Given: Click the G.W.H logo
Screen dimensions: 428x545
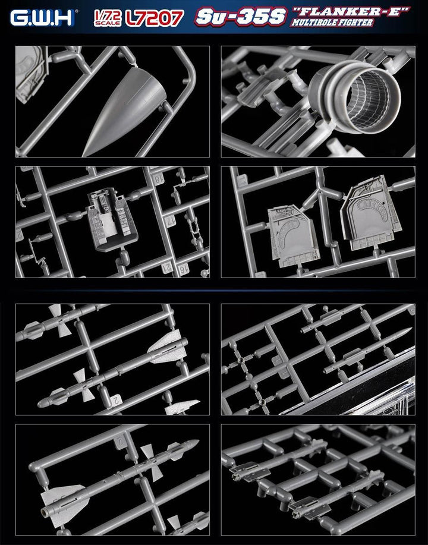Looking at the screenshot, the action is (x=42, y=18).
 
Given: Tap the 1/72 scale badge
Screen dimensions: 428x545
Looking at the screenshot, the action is (x=108, y=18).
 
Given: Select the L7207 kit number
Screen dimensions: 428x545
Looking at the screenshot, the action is (x=155, y=18).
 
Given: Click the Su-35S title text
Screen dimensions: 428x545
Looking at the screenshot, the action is (x=241, y=16).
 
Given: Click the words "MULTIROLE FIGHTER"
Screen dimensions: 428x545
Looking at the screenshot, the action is (x=332, y=23).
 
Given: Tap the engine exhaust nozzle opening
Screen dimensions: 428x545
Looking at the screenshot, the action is (x=369, y=99).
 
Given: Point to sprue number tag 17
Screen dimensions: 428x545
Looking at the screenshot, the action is (x=171, y=221).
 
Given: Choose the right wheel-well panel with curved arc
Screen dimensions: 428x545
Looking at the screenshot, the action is (x=370, y=212).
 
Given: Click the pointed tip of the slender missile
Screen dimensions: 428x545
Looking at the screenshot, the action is (x=411, y=329).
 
